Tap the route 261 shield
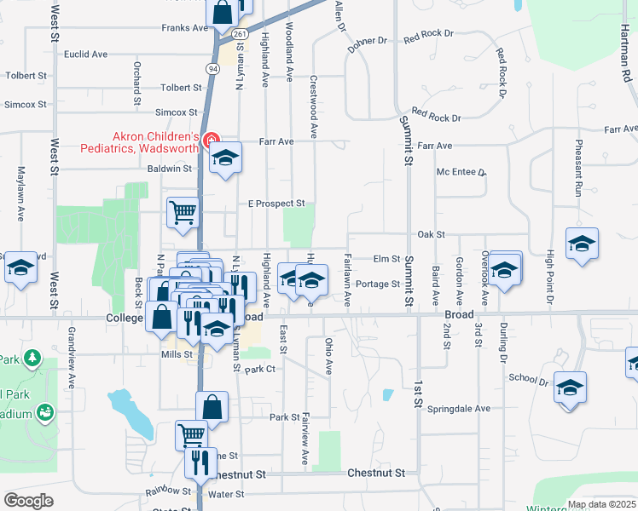pos(241,33)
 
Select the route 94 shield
pos(210,66)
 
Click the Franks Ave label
pos(186,28)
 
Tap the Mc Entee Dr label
pos(461,172)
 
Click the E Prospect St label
pos(276,204)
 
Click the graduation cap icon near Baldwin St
pos(226,158)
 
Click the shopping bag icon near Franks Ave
pos(222,13)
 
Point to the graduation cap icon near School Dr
pos(570,388)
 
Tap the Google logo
pos(29,501)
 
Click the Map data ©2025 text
pos(600,504)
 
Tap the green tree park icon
pos(32,358)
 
